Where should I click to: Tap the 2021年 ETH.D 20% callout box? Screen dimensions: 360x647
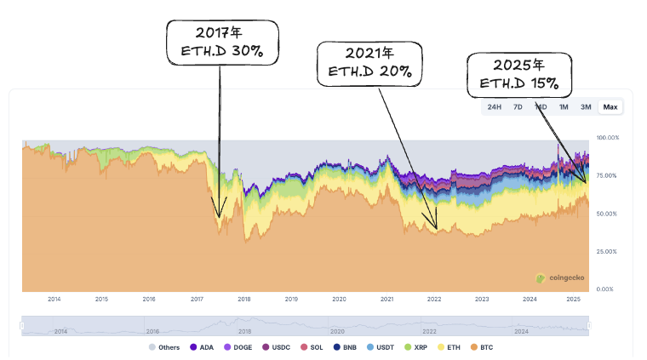tap(369, 63)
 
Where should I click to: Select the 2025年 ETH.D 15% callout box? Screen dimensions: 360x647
tap(518, 74)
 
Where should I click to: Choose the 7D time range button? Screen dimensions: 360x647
tap(517, 106)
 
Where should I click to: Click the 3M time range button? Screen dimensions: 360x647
tap(586, 106)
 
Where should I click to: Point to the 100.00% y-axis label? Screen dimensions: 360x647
tap(607, 137)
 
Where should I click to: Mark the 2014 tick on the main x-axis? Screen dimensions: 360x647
tap(54, 300)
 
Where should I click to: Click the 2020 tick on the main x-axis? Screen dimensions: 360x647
tap(339, 300)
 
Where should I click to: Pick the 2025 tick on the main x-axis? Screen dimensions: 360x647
tap(576, 300)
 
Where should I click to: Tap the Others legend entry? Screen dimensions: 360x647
tap(164, 347)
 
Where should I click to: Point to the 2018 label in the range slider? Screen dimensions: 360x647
tap(245, 331)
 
